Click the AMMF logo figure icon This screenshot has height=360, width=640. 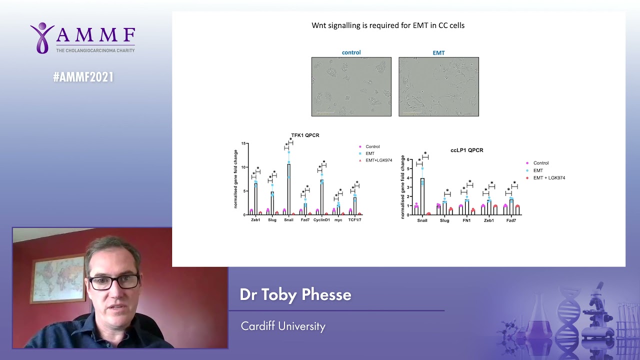pos(42,37)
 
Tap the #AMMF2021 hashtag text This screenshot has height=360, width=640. pos(83,77)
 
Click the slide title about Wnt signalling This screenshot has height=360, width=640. pos(388,25)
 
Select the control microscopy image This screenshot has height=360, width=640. pos(351,86)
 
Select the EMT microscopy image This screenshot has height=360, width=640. pos(438,86)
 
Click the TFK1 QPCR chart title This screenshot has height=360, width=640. pos(305,135)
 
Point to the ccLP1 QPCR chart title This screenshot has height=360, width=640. pos(466,150)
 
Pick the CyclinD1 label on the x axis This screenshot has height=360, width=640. pos(321,220)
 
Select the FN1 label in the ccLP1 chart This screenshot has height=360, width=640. pos(466,220)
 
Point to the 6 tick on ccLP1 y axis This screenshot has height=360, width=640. pos(408,160)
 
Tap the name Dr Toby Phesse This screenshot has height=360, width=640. pos(295,294)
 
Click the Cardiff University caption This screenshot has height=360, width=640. pos(283,326)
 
